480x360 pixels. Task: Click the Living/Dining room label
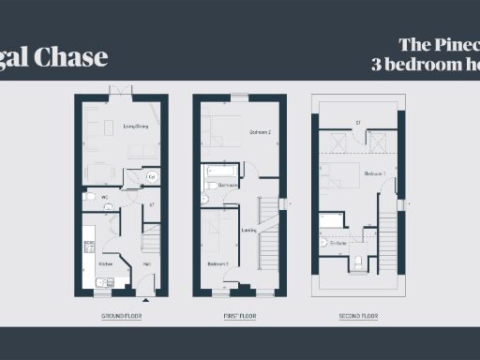click(x=136, y=126)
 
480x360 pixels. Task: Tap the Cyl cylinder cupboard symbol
click(x=151, y=176)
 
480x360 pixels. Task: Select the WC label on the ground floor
click(x=105, y=197)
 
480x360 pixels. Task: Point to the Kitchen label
click(x=106, y=264)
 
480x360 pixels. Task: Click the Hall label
click(x=147, y=264)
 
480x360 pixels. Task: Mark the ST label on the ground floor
click(x=151, y=203)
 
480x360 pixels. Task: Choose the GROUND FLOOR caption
click(x=120, y=317)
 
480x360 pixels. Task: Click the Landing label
click(x=248, y=230)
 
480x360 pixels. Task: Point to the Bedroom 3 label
click(x=217, y=264)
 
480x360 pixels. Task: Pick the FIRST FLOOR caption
click(x=239, y=317)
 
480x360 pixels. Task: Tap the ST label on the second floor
click(x=357, y=123)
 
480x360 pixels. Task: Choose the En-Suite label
click(x=337, y=243)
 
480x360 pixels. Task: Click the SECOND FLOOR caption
click(x=359, y=317)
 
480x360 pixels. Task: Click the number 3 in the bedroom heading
click(x=376, y=64)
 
